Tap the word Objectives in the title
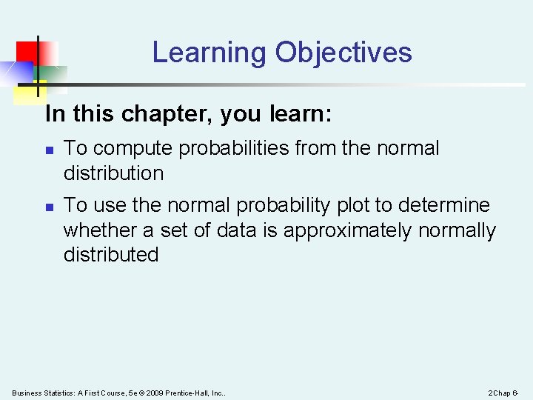343,53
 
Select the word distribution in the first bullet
113,173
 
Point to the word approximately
348,230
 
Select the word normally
457,230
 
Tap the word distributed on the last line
111,255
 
